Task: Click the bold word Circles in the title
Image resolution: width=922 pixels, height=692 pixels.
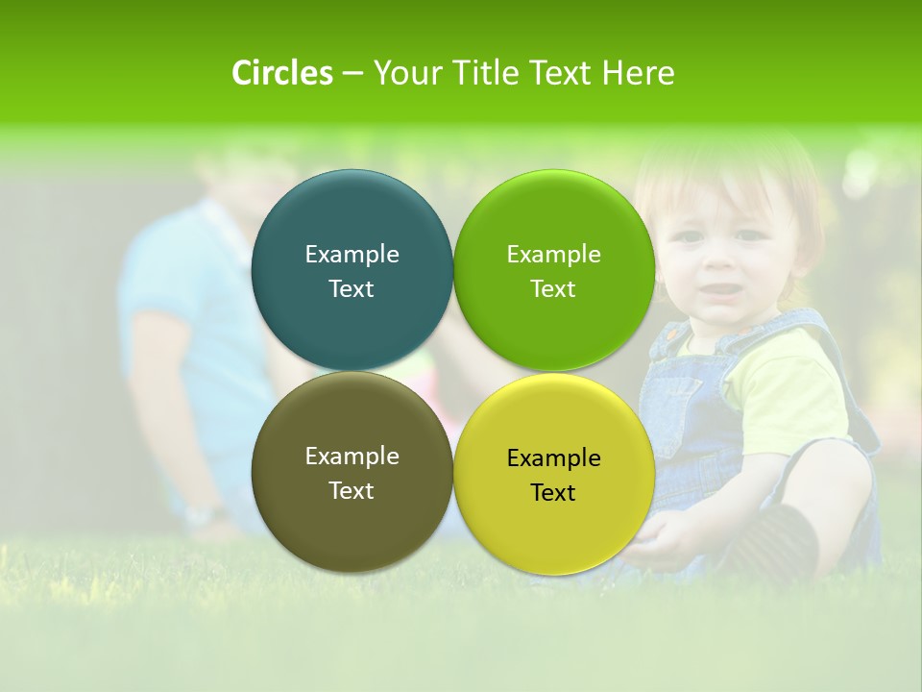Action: pos(281,73)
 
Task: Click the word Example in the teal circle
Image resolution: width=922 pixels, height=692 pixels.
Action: pos(352,254)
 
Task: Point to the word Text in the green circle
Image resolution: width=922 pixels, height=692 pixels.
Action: pos(553,288)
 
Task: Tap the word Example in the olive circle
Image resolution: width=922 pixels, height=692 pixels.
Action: pos(352,456)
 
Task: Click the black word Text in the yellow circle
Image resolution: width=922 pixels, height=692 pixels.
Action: pos(553,492)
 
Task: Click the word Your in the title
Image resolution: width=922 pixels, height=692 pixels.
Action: pos(404,73)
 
